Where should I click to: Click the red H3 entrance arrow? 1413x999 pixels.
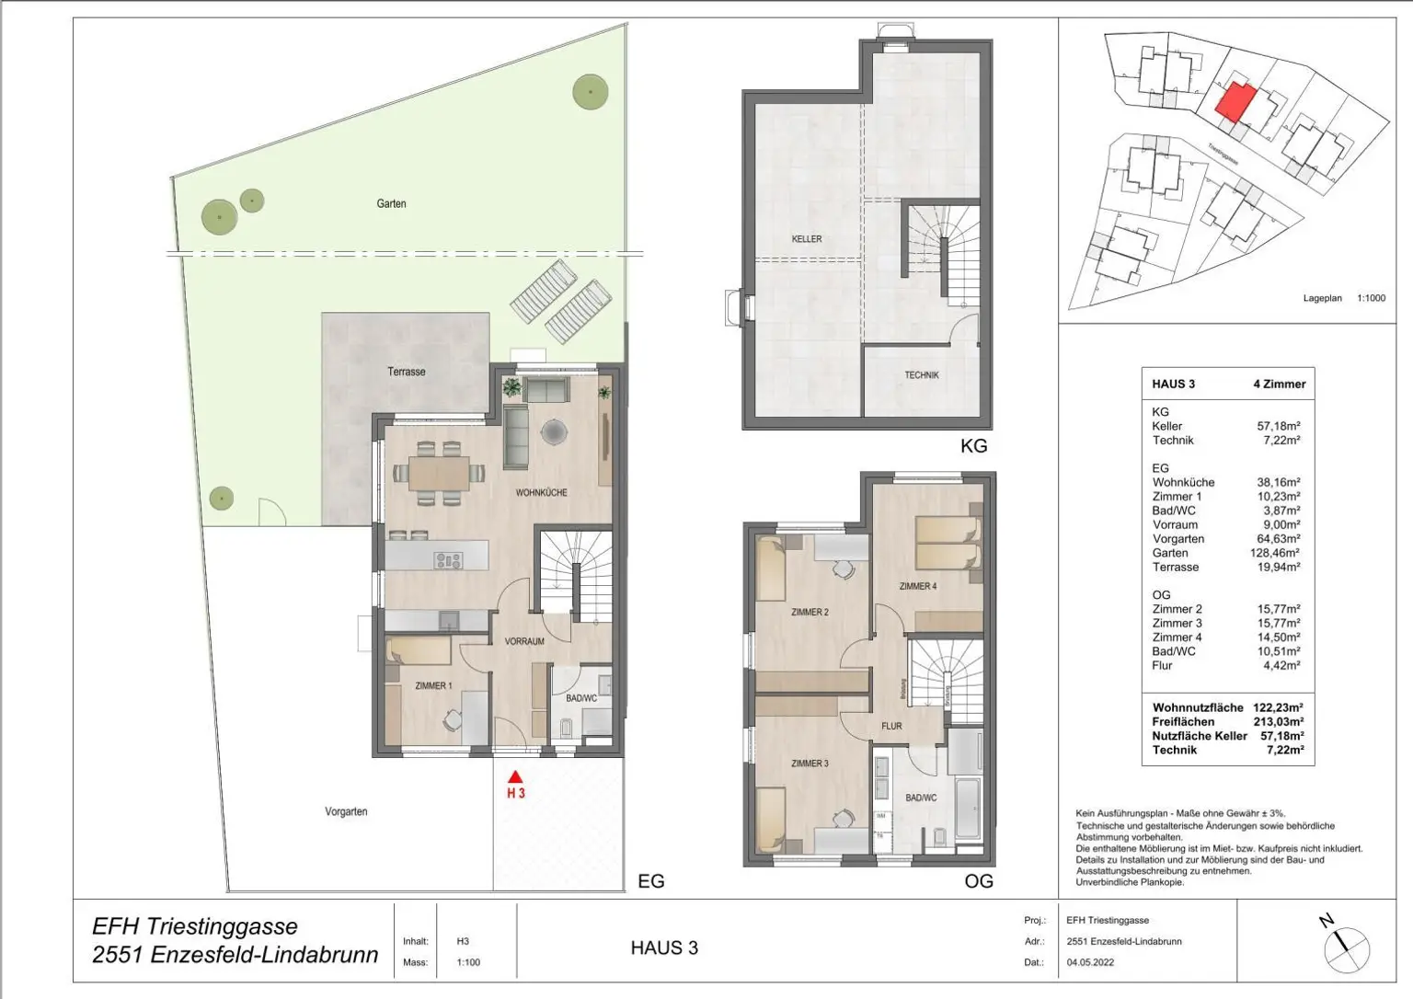tap(515, 776)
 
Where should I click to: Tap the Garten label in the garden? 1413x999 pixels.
tap(391, 203)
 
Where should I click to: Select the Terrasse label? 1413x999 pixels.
tap(406, 372)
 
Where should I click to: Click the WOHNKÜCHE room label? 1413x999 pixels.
tap(541, 493)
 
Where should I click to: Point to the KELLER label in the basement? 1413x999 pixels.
tap(807, 239)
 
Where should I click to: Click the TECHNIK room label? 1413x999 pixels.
tap(921, 375)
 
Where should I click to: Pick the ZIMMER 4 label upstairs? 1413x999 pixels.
tap(917, 586)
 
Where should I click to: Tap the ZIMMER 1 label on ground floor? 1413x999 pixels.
tap(433, 685)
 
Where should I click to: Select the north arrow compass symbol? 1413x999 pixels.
tap(1345, 946)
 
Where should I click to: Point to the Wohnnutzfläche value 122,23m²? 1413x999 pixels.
tap(1278, 708)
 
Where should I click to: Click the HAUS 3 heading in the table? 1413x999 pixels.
tap(1173, 385)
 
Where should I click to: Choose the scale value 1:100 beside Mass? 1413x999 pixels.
tap(468, 962)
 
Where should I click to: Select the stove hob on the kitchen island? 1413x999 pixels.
tap(448, 559)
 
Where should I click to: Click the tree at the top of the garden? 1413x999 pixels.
tap(590, 90)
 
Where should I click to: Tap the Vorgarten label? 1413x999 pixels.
tap(346, 812)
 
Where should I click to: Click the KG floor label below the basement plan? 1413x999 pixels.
tap(973, 446)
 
